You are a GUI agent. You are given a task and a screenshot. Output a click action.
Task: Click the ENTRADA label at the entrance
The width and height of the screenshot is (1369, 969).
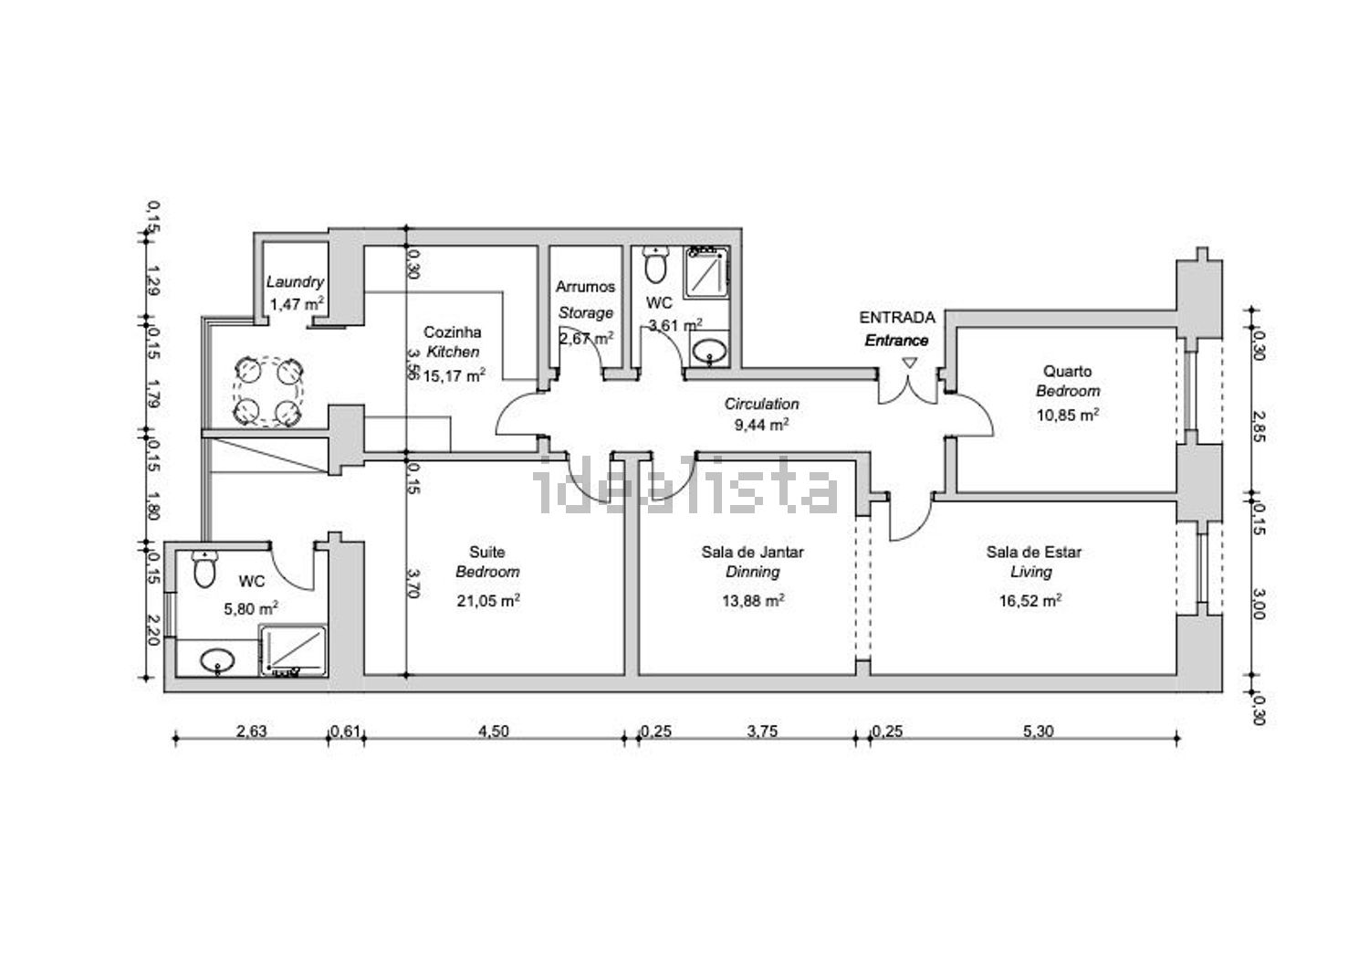coord(896,318)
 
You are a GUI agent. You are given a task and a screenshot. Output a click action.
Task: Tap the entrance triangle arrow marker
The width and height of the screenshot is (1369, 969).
coord(909,363)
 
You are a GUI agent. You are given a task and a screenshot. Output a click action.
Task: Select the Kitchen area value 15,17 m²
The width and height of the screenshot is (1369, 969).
coord(454,375)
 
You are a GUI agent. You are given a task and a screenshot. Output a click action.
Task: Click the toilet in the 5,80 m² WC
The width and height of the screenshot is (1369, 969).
coord(204,568)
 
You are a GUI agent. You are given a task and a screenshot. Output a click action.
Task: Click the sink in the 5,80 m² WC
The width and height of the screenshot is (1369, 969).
coord(217,661)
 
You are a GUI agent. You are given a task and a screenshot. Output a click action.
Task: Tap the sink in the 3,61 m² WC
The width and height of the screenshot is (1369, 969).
coord(709,351)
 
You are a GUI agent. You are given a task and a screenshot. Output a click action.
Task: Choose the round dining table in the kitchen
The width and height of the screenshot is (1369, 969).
coord(268,392)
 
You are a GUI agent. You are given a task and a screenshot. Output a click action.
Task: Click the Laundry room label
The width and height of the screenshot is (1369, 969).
coord(295,282)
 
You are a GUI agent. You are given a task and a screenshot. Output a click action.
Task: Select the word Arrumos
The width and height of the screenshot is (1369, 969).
coord(585,287)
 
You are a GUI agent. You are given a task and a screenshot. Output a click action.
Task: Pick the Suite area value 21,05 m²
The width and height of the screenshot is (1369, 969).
coord(487,600)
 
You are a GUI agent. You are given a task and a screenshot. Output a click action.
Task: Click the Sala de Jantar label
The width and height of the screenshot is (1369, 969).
coord(752,552)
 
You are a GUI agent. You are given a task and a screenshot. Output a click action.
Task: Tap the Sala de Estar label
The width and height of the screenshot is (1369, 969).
coord(1033,552)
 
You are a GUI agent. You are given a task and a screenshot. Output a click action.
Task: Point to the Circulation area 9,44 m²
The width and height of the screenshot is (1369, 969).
coord(761,424)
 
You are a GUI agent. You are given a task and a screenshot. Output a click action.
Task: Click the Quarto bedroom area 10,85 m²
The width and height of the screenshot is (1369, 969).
coord(1068,415)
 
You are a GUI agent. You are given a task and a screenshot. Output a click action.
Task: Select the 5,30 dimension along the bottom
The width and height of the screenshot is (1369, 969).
coord(1039,731)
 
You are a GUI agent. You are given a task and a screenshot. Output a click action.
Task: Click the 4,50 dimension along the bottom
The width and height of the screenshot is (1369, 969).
coord(493,731)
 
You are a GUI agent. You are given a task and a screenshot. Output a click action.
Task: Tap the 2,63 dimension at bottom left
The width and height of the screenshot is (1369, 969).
coord(252,731)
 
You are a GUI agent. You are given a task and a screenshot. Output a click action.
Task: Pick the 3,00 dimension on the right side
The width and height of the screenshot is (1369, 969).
coord(1258,604)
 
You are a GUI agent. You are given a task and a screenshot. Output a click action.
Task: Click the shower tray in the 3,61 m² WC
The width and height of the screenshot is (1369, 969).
coord(706,273)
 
